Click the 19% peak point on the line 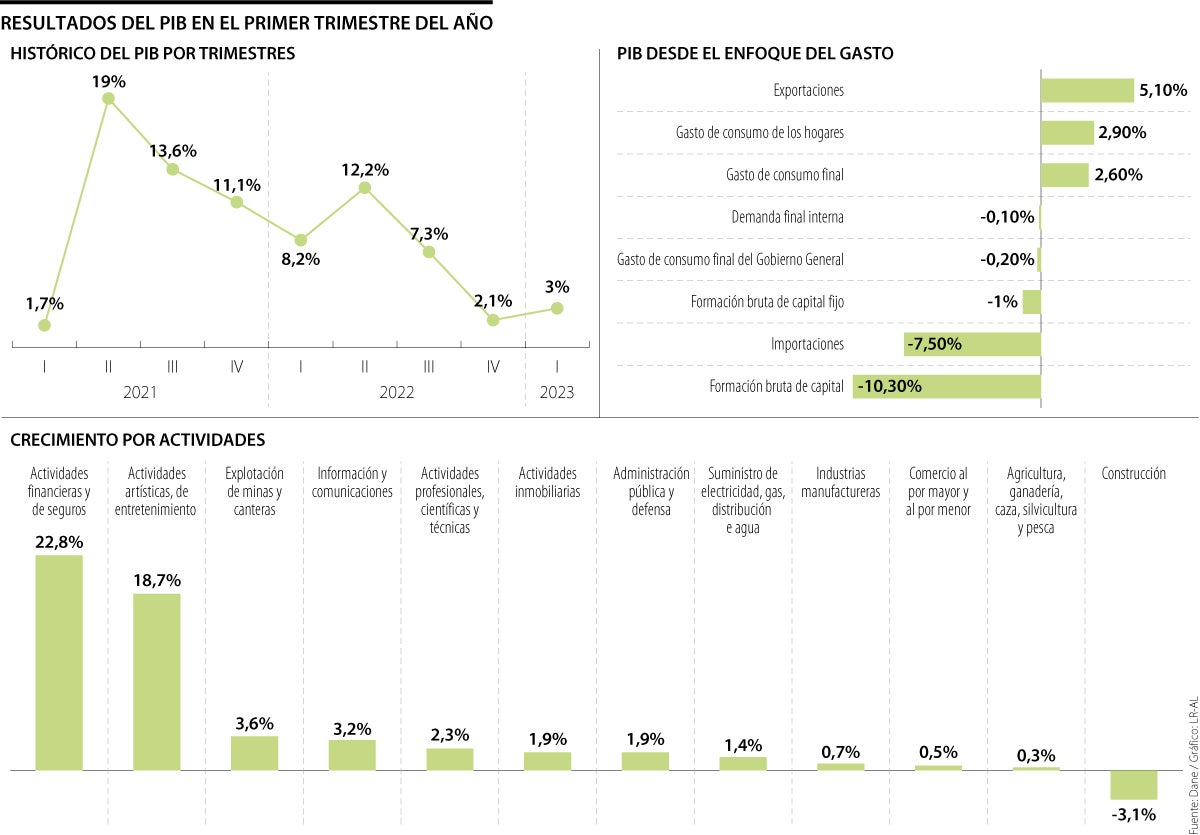pyautogui.click(x=108, y=98)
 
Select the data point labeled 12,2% pyautogui.click(x=365, y=187)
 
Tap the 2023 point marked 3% pyautogui.click(x=557, y=308)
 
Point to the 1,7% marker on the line pyautogui.click(x=45, y=324)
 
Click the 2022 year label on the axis pyautogui.click(x=396, y=393)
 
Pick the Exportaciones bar pyautogui.click(x=1087, y=91)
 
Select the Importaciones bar pyautogui.click(x=972, y=345)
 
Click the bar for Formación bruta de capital pyautogui.click(x=946, y=387)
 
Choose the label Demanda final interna pyautogui.click(x=787, y=217)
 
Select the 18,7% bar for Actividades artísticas pyautogui.click(x=157, y=681)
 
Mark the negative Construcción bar pyautogui.click(x=1134, y=784)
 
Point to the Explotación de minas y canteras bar pyautogui.click(x=254, y=753)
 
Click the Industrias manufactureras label pyautogui.click(x=840, y=482)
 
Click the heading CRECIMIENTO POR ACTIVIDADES pyautogui.click(x=137, y=439)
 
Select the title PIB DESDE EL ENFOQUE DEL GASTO pyautogui.click(x=755, y=54)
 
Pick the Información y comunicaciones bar pyautogui.click(x=352, y=755)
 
